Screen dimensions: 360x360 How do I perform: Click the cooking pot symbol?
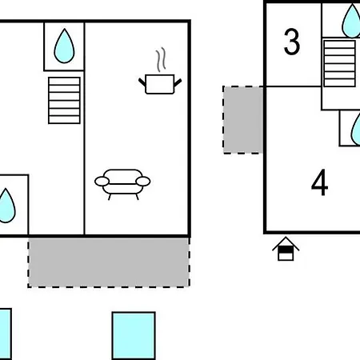tap(160, 84)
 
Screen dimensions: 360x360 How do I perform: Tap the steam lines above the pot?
tap(161, 60)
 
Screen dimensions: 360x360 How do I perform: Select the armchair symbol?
tap(122, 185)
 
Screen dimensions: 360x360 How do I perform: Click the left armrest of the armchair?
tap(102, 182)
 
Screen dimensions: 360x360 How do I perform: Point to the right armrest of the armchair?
tap(143, 182)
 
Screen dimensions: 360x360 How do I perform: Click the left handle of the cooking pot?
tap(142, 82)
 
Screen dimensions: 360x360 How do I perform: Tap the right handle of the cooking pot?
tap(178, 82)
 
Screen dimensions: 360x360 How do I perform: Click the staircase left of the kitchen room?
tap(64, 101)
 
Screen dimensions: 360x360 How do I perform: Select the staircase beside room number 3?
tap(339, 63)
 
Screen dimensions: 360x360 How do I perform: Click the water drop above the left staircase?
tap(64, 46)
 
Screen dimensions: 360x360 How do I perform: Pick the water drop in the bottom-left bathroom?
tap(6, 206)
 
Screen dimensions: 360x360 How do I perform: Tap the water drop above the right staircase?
tap(352, 21)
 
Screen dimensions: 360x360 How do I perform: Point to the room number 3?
tap(292, 42)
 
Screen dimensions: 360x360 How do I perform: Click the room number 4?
tap(319, 182)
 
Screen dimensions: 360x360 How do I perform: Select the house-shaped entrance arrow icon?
tap(286, 249)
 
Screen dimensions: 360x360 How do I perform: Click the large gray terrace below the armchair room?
tap(109, 262)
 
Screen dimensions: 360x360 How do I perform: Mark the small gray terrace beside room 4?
tap(243, 120)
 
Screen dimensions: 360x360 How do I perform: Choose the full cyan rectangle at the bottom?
tap(134, 336)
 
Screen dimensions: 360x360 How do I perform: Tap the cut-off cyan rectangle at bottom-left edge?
tap(6, 334)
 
